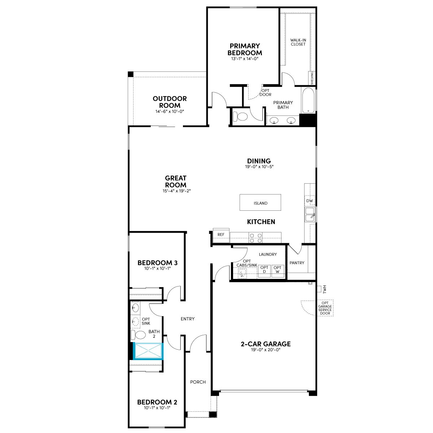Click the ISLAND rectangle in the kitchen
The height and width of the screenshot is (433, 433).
coord(260,202)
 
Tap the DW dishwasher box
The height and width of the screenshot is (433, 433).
coord(310,201)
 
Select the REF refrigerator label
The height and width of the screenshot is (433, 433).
coord(221,235)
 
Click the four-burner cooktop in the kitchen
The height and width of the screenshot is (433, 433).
coord(256,238)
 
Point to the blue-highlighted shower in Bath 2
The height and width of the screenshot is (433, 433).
coord(148,351)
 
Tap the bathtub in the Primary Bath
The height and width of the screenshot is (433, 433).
coord(308,100)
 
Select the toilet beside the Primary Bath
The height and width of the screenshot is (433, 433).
coord(240,117)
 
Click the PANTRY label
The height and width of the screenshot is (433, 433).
coord(297,263)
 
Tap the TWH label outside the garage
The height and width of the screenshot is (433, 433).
coord(324,289)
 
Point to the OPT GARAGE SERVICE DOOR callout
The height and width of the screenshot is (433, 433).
coord(325,308)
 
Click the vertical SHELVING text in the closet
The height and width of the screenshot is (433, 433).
coord(312,78)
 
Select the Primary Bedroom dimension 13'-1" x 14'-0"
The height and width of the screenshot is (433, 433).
coord(245,59)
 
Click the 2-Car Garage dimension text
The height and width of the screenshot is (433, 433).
coord(266,350)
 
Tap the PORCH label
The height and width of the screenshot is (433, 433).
coord(198,382)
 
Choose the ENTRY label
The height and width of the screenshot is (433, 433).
coord(188,319)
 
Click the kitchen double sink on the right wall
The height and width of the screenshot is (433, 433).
coord(310,215)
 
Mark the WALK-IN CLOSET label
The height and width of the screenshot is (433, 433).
coord(298,42)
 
